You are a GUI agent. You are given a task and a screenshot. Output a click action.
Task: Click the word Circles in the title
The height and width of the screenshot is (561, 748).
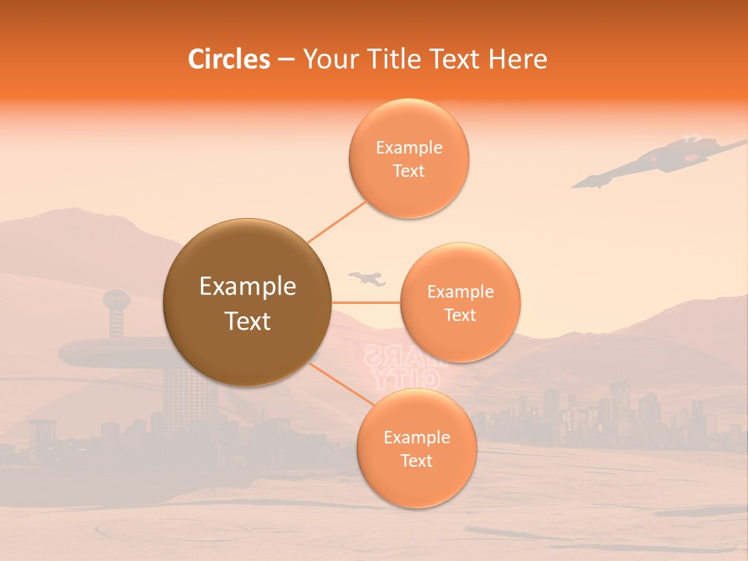[x=229, y=59]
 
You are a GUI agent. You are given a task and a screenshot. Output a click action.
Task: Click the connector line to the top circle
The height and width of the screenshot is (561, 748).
[x=337, y=221]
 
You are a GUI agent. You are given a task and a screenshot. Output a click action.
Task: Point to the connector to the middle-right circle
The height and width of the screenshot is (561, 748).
[x=366, y=302]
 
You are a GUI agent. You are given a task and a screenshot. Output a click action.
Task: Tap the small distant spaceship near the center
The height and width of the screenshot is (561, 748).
[x=368, y=277]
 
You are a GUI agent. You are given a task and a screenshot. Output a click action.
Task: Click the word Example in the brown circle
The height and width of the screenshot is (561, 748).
[x=247, y=287]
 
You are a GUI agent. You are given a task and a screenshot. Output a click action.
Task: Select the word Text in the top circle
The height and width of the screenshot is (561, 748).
[x=408, y=171]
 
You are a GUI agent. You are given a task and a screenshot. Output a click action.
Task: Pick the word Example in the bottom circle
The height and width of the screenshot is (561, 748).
[x=416, y=437]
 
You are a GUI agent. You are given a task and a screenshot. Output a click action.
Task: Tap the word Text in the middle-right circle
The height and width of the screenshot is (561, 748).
[x=460, y=315]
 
